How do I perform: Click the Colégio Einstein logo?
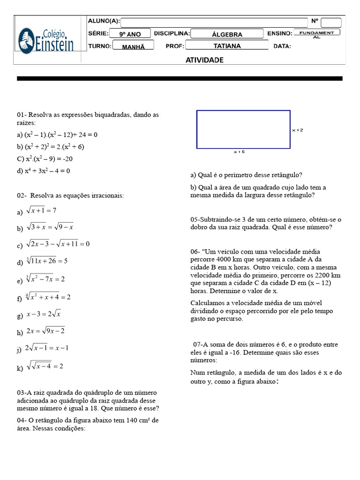pos(46,40)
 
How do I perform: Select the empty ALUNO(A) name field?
pos(214,22)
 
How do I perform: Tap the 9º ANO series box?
pos(130,34)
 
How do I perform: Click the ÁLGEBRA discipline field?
pos(227,34)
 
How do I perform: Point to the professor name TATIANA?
pos(227,46)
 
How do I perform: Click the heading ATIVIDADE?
pos(204,60)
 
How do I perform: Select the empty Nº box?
pos(331,22)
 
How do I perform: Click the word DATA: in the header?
pos(282,46)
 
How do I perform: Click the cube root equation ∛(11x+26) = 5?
pos(47,261)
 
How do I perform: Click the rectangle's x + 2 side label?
pos(297,130)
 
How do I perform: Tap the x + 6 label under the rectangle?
pos(239,152)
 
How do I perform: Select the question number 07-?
pos(198,345)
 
